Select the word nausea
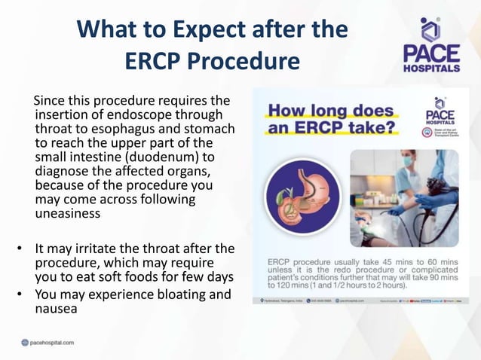pos(59,308)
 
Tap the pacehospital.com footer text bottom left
pos(51,343)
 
